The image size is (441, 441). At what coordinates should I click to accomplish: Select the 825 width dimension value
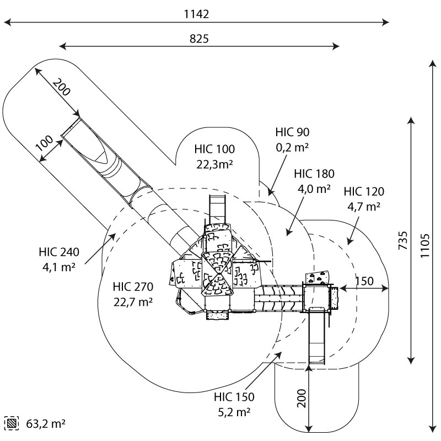[x=199, y=39]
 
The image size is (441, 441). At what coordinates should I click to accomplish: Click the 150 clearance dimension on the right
[x=364, y=281]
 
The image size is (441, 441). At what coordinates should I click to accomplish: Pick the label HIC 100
[x=214, y=149]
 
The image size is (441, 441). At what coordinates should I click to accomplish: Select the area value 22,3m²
[x=214, y=163]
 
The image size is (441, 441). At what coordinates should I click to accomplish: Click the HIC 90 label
[x=292, y=132]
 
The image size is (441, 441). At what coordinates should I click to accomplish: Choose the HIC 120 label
[x=364, y=192]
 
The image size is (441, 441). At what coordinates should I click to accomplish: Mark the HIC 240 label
[x=59, y=252]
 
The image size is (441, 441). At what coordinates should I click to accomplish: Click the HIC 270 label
[x=132, y=287]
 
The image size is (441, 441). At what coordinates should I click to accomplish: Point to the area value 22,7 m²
[x=132, y=302]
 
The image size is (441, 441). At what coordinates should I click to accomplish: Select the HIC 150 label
[x=234, y=397]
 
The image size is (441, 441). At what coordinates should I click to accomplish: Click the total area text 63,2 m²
[x=46, y=423]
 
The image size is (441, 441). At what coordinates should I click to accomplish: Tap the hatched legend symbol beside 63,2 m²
[x=12, y=423]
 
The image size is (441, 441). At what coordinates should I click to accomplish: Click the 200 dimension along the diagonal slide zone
[x=62, y=88]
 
